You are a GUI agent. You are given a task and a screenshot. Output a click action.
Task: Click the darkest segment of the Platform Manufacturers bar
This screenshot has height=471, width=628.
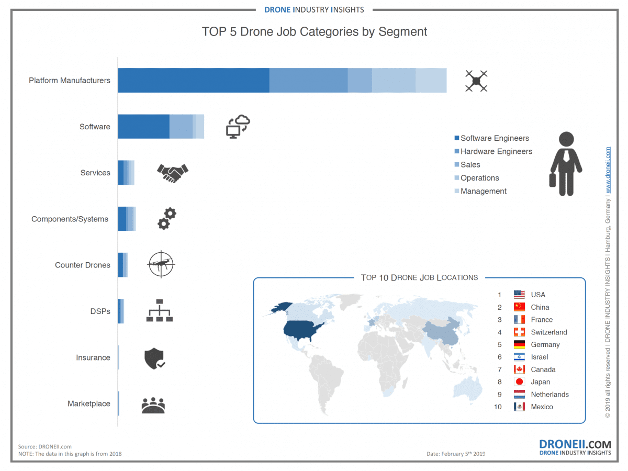pos(193,80)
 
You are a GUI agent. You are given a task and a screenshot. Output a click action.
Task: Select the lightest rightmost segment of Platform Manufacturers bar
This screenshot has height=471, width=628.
pos(431,80)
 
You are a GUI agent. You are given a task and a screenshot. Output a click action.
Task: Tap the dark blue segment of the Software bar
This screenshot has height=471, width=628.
pos(143,126)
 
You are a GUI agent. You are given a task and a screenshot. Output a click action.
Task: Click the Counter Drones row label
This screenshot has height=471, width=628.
pos(83,265)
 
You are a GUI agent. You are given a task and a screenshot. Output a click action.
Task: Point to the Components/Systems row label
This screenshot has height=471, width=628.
pos(70,219)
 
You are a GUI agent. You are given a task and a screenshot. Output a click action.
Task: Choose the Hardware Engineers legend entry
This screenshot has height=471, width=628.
pos(496,151)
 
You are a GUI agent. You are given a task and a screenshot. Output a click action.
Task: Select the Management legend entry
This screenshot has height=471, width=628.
pos(484,191)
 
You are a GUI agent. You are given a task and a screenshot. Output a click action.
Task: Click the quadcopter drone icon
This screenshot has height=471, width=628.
pos(476,81)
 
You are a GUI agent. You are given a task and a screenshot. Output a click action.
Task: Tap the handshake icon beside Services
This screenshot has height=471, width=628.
pos(172,172)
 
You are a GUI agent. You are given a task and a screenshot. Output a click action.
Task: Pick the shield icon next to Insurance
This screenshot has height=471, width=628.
pos(154,359)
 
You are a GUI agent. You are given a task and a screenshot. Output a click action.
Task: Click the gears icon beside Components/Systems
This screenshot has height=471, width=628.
pos(167,218)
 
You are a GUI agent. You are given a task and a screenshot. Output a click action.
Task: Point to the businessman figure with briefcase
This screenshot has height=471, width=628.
pos(566,164)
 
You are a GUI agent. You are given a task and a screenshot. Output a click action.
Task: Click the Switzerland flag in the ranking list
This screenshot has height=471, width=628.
pos(519,332)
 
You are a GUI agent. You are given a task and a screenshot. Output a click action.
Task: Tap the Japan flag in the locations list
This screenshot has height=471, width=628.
pos(519,382)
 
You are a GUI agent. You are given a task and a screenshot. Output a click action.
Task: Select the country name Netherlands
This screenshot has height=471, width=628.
pos(549,394)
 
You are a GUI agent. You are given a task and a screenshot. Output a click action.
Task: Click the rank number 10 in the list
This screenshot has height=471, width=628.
pos(498,407)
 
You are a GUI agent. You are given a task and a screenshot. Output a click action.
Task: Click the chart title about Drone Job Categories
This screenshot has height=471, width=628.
pos(315,32)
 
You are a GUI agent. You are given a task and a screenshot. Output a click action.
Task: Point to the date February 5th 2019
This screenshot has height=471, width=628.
pos(456,454)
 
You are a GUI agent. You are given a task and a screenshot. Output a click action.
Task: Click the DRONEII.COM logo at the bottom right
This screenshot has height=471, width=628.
pos(575,447)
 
